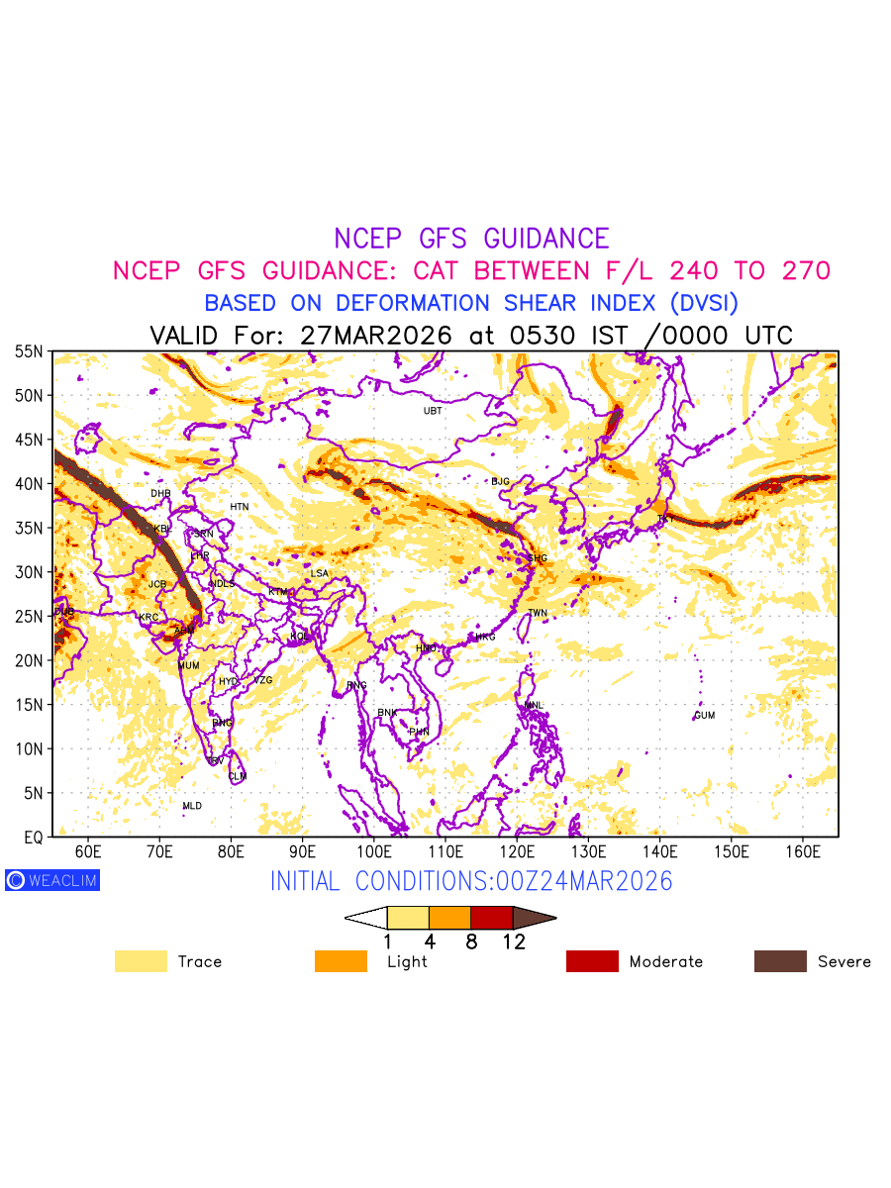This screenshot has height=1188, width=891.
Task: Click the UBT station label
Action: coord(433,411)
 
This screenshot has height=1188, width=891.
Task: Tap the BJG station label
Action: coord(500,481)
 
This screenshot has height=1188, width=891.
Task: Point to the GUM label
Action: coord(704,715)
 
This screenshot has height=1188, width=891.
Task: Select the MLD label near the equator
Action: coord(192,806)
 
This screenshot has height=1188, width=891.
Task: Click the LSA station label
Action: coord(319,573)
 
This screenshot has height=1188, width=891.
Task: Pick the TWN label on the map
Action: coord(537,613)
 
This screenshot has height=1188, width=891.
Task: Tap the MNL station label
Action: coord(535,705)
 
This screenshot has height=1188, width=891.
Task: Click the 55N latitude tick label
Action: coord(29,351)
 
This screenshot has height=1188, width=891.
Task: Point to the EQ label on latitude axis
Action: coord(33,837)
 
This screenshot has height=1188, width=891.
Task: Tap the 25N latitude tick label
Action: coord(29,616)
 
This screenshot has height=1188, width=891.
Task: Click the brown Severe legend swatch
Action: coord(780,961)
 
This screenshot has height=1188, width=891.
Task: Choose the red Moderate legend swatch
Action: coord(592,961)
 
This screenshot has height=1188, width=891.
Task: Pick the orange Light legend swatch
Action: coord(341,961)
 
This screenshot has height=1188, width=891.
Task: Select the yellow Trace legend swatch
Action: coord(141,961)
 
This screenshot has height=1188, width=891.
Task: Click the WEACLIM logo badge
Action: coord(52,879)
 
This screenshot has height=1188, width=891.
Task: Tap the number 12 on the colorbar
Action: coord(513,941)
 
